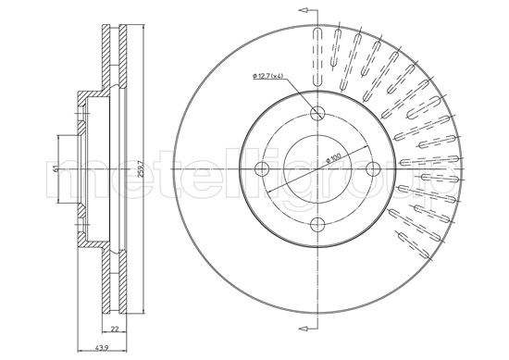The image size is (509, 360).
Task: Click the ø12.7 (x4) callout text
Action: [268, 75]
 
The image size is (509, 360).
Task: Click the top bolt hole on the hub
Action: [317, 113]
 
